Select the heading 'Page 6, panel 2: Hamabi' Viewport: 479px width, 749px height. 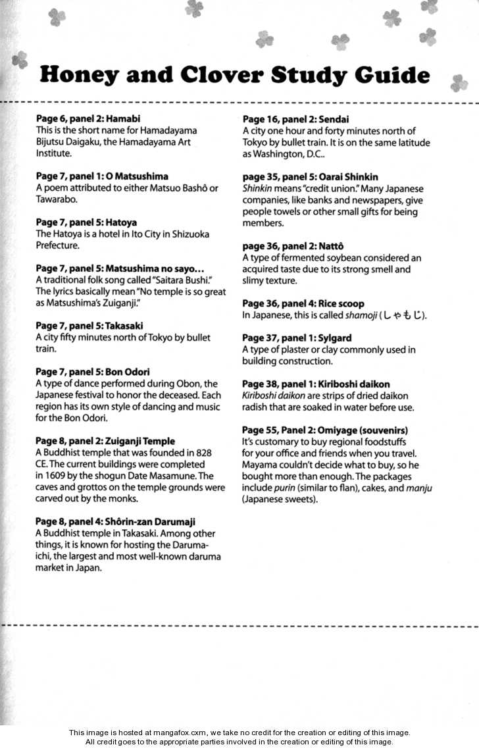click(88, 119)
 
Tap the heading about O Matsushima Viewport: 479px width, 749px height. click(102, 176)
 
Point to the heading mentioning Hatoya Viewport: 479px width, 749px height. click(86, 222)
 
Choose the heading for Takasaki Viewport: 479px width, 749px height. click(89, 326)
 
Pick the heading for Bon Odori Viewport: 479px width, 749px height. click(93, 372)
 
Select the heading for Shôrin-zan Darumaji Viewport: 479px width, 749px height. click(115, 522)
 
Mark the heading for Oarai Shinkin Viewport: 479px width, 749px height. click(310, 177)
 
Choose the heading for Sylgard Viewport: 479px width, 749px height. click(297, 338)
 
